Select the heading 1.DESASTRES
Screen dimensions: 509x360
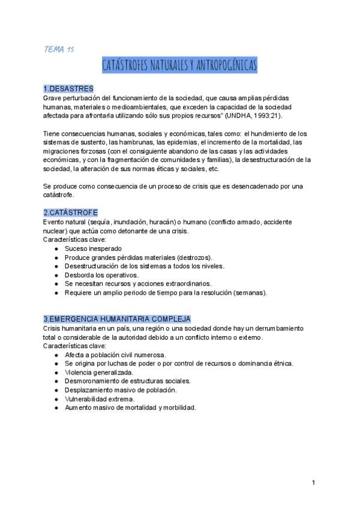tap(68, 89)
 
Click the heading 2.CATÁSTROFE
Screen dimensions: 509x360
tap(71, 213)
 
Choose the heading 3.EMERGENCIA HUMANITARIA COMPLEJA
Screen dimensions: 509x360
tap(117, 319)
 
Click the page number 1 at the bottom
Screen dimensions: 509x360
tap(313, 483)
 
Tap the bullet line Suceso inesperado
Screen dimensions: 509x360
tap(94, 248)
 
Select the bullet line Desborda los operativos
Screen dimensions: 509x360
tap(101, 275)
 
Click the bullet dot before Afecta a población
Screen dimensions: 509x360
tap(56, 355)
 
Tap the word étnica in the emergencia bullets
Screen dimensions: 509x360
tap(281, 363)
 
